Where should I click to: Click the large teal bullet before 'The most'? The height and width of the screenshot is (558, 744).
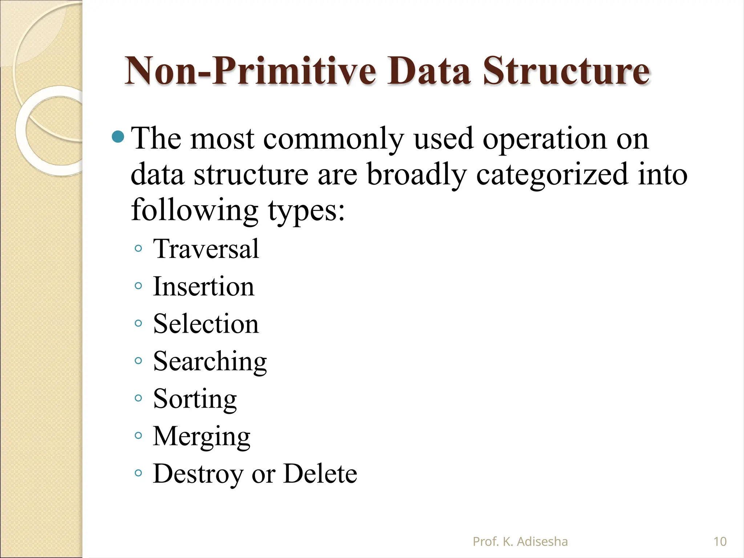[x=118, y=137]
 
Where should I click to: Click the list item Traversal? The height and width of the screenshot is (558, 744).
[x=206, y=249]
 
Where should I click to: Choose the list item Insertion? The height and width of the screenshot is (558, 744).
[x=203, y=287]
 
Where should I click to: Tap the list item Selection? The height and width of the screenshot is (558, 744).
[x=206, y=324]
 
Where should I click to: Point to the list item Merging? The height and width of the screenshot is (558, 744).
[x=201, y=437]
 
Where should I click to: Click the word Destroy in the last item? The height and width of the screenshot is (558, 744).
[x=198, y=474]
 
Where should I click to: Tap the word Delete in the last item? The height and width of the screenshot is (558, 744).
[x=320, y=474]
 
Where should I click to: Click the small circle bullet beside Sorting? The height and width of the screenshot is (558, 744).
[x=138, y=398]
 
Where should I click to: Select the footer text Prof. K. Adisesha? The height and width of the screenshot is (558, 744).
[x=520, y=542]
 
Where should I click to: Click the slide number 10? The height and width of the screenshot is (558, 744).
[x=720, y=542]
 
